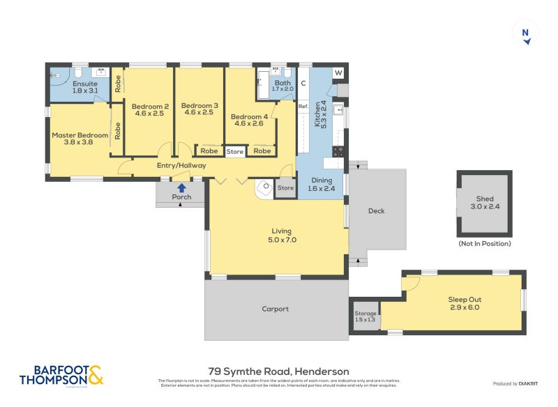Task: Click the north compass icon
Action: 526,33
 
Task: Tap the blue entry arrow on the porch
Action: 181,187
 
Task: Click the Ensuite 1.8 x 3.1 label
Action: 85,87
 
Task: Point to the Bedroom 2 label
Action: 148,110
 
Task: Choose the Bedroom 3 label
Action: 199,109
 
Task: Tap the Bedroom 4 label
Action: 249,120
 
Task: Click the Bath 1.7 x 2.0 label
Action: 282,86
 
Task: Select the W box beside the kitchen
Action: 338,73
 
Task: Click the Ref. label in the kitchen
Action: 303,107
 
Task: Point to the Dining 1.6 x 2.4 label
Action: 321,184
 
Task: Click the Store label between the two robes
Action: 235,151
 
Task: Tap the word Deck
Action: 376,211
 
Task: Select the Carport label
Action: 275,309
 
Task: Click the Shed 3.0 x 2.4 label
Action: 484,203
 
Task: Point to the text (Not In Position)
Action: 484,243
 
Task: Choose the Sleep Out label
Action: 464,303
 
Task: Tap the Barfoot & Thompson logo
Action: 61,375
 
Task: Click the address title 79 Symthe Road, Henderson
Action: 279,371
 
